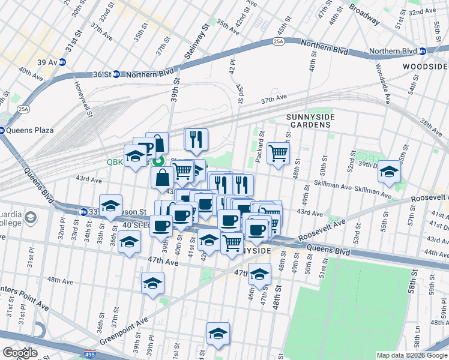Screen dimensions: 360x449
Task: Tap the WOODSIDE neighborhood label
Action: tap(425, 66)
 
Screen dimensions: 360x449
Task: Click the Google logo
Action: tap(19, 353)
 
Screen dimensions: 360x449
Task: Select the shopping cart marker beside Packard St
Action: tap(278, 154)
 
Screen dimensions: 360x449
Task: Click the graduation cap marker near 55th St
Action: tap(390, 172)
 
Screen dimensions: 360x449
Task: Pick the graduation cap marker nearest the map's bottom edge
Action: tap(218, 334)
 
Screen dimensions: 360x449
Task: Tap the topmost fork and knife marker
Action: tap(196, 140)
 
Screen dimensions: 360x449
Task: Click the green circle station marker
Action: tap(158, 161)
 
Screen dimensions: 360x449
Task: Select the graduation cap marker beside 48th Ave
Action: tap(152, 283)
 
